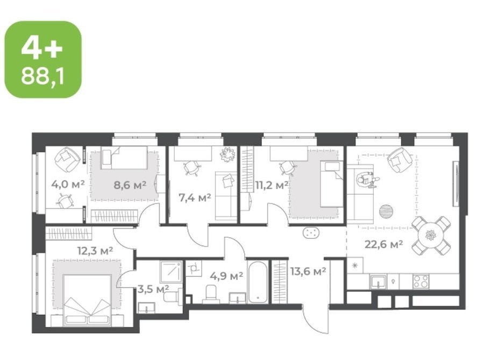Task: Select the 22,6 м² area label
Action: coord(383,244)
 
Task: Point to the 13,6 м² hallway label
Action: coord(308,271)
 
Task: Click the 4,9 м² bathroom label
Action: coord(226,275)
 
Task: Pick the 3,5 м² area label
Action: coord(153,290)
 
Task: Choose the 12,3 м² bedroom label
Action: coord(95,250)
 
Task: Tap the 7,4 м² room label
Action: coord(195,197)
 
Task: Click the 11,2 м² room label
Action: coord(272,185)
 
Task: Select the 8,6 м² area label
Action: coord(130,185)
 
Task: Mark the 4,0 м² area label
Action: coord(68,185)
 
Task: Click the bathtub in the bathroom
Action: coord(258,282)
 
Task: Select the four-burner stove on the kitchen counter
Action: coord(421,281)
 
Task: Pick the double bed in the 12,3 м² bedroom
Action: coord(87,300)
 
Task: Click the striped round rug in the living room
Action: coord(386,211)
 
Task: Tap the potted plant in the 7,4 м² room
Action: coord(228,153)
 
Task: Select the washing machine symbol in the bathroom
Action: coord(194,269)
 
